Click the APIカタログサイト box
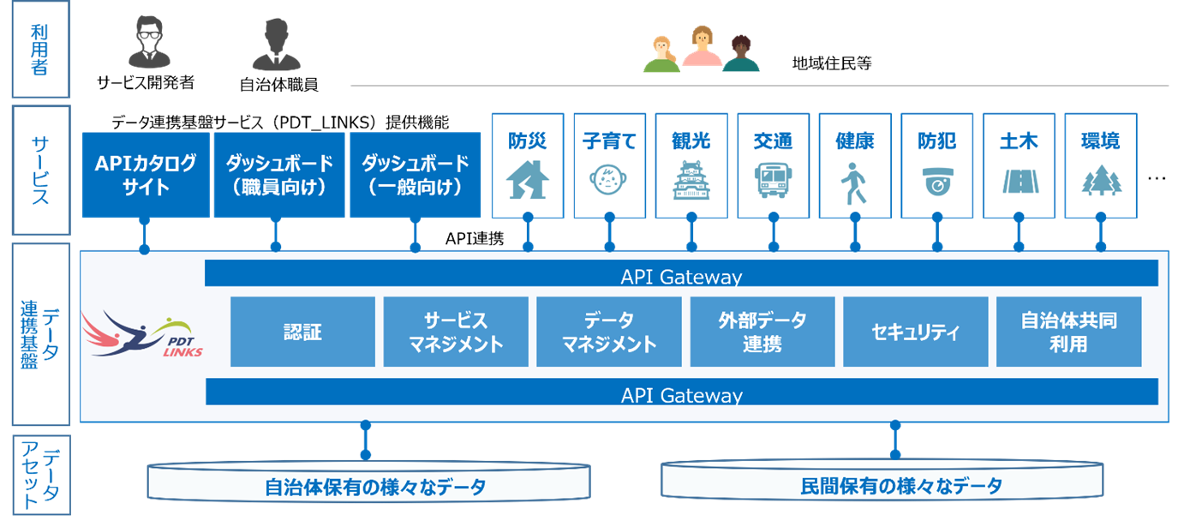pyautogui.click(x=145, y=175)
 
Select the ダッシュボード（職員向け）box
pyautogui.click(x=278, y=175)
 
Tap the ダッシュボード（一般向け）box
pyautogui.click(x=415, y=175)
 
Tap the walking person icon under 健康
pyautogui.click(x=854, y=182)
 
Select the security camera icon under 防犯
pyautogui.click(x=936, y=182)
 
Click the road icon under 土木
pyautogui.click(x=1018, y=182)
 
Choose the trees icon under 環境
pyautogui.click(x=1099, y=182)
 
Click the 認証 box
pyautogui.click(x=302, y=332)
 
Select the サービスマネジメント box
pyautogui.click(x=455, y=332)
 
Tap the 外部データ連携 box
pyautogui.click(x=762, y=332)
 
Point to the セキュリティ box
pyautogui.click(x=915, y=332)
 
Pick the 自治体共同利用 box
pyautogui.click(x=1068, y=332)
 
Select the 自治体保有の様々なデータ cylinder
pyautogui.click(x=369, y=483)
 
